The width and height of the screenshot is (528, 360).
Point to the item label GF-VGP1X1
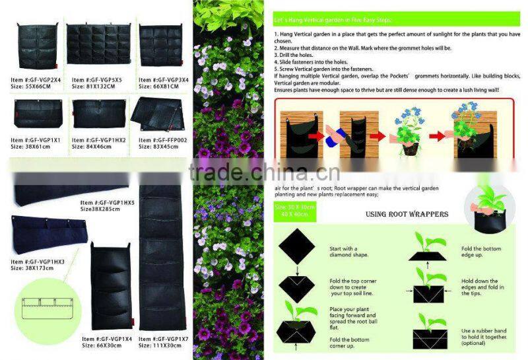(36, 140)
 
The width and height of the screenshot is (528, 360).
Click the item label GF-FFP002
(162, 140)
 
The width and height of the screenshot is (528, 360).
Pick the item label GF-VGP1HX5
(109, 202)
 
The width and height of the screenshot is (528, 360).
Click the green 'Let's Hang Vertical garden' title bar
(311, 20)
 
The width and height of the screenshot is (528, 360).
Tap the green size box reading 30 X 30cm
(293, 207)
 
